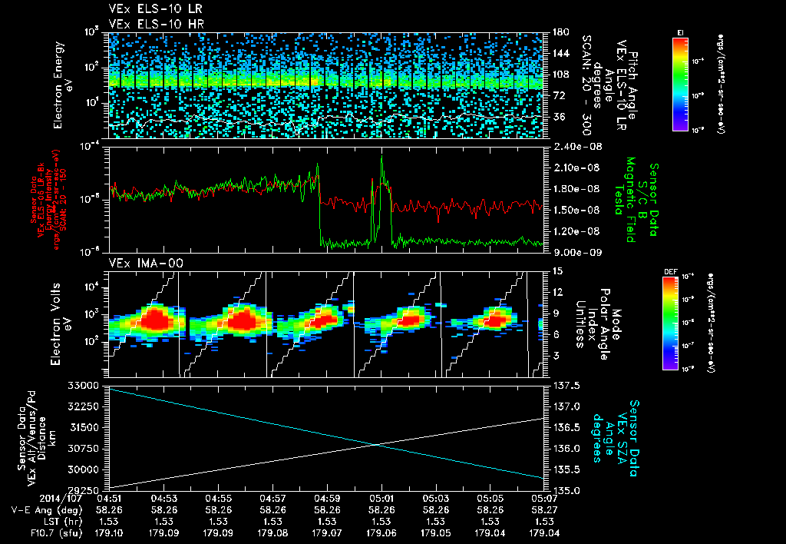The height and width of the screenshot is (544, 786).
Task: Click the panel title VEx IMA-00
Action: (136, 263)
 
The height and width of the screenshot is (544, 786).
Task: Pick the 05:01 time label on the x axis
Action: (381, 498)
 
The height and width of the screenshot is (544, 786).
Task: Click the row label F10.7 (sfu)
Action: (33, 532)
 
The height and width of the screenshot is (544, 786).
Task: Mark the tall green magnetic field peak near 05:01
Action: (382, 161)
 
